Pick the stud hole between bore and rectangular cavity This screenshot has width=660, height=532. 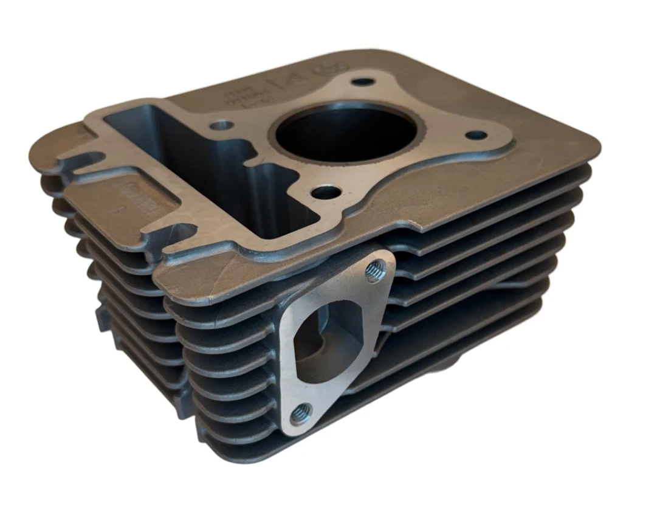(222, 126)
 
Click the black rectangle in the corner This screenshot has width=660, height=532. (582, 443)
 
